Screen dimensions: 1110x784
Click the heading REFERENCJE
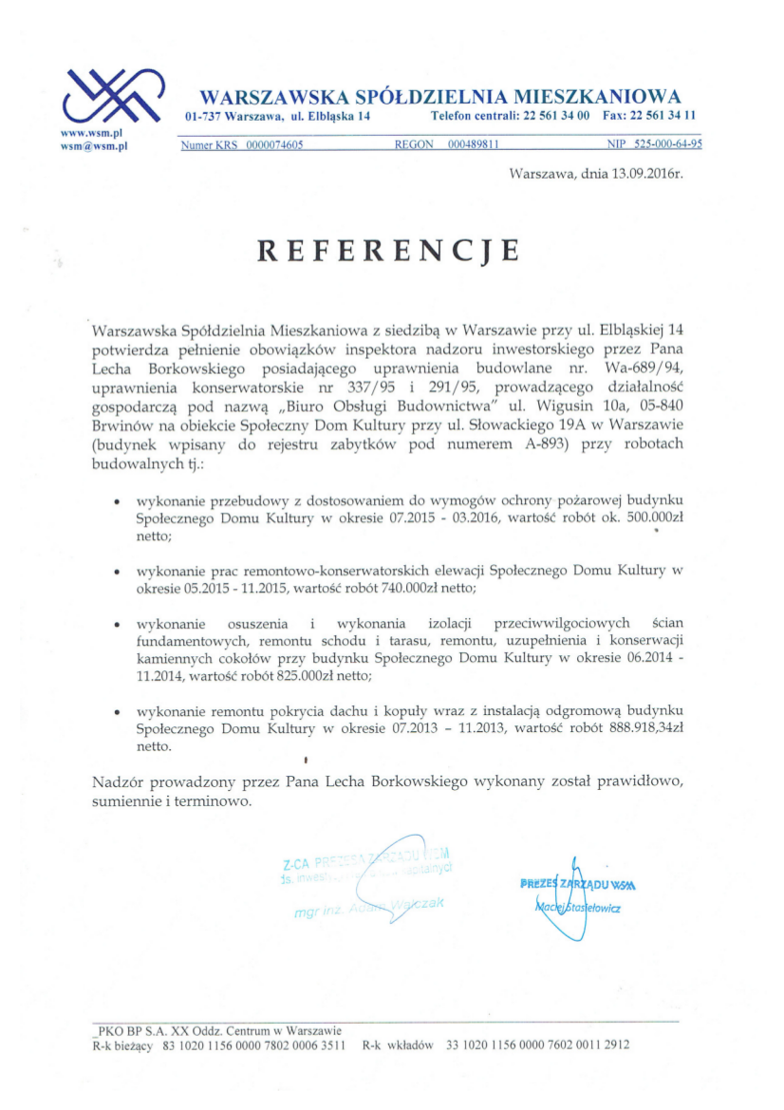click(x=389, y=250)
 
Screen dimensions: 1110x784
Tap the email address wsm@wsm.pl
click(x=94, y=147)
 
